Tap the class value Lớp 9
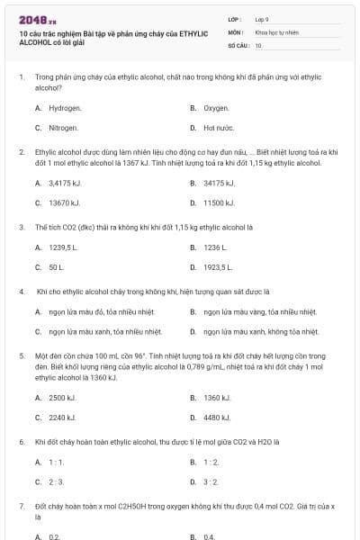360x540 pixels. click(x=262, y=18)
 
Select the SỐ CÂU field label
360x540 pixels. click(x=238, y=44)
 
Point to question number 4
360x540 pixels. click(x=20, y=292)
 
